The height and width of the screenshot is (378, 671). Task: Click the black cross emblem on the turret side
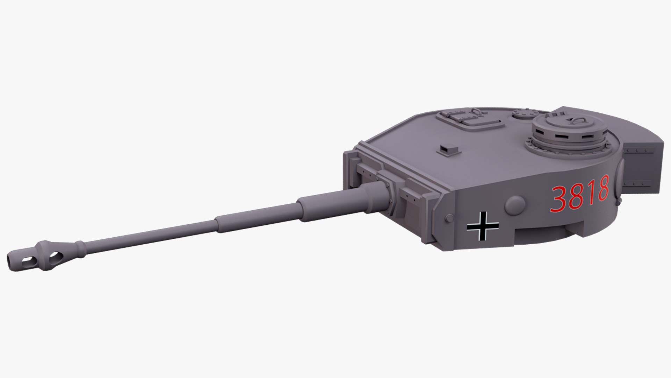483,226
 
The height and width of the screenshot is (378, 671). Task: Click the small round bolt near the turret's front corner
448,218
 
